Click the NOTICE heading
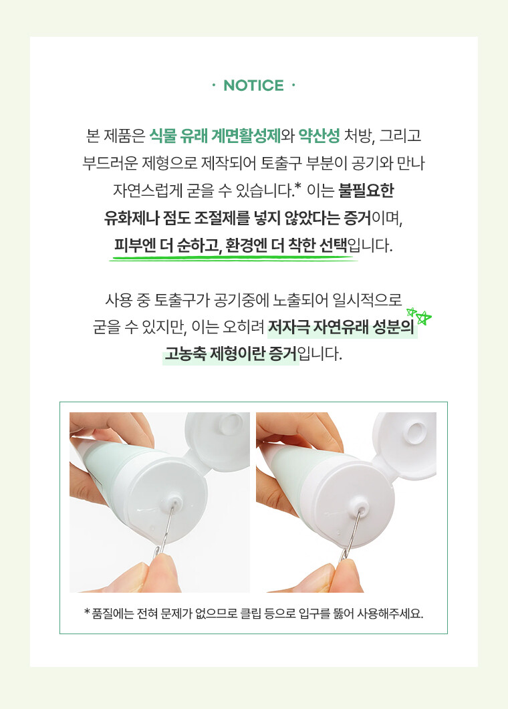tap(254, 86)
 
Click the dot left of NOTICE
tap(213, 86)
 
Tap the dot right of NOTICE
tap(293, 86)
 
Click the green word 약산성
tap(319, 136)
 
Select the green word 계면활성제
tap(246, 136)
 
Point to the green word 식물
tap(162, 136)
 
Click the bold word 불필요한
tap(366, 190)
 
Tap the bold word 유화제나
tap(131, 218)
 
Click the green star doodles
tap(418, 315)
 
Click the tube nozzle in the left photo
tap(176, 501)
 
